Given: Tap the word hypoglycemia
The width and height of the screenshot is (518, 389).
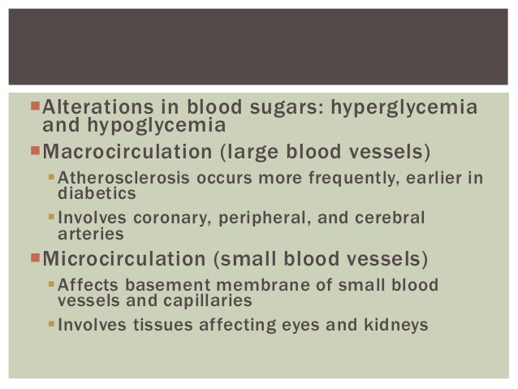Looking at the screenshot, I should click(159, 125).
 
